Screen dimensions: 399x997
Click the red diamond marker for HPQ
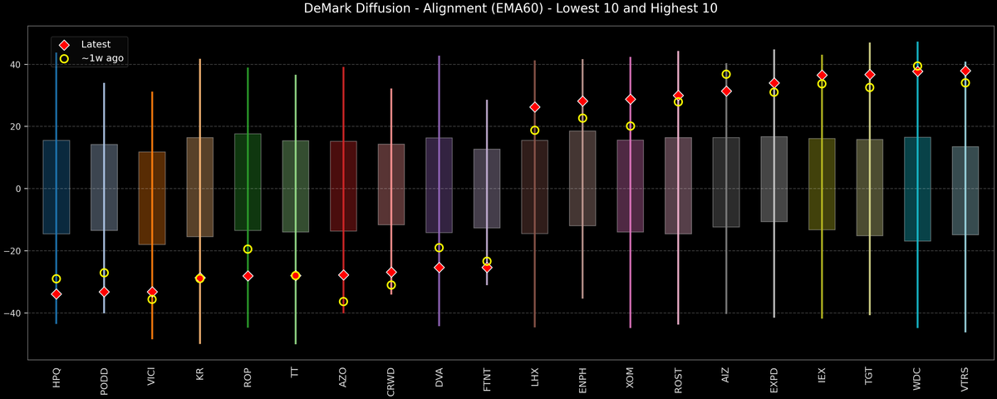pos(56,294)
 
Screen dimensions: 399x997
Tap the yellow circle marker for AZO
pos(343,302)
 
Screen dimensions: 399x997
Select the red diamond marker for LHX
pos(535,107)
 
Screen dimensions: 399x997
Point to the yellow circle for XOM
pos(631,126)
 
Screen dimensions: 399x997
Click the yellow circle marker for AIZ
pos(726,74)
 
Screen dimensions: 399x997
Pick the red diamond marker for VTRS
pos(965,71)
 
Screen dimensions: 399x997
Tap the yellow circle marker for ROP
pos(248,249)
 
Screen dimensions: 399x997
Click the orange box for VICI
pos(152,198)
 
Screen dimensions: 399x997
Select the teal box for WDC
pos(917,189)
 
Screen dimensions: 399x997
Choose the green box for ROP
pos(248,182)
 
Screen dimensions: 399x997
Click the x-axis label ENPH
pos(582,379)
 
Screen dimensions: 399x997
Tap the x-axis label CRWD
pos(391,379)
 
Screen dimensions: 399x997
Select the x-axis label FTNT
pos(487,378)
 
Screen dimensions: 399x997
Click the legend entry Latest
pos(96,44)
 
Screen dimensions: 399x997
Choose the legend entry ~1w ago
pos(103,58)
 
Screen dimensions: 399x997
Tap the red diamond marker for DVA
pos(440,267)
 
